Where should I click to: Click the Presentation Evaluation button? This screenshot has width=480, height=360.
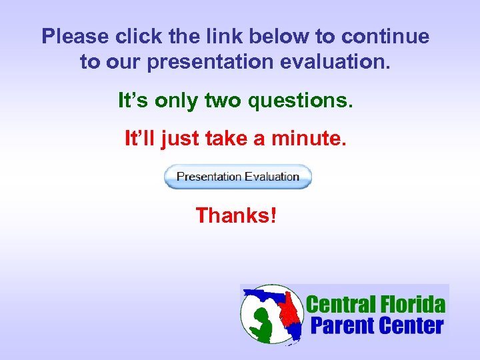[238, 177]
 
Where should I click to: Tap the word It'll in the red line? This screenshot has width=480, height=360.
[141, 139]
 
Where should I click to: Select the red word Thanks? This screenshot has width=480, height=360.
[236, 215]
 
